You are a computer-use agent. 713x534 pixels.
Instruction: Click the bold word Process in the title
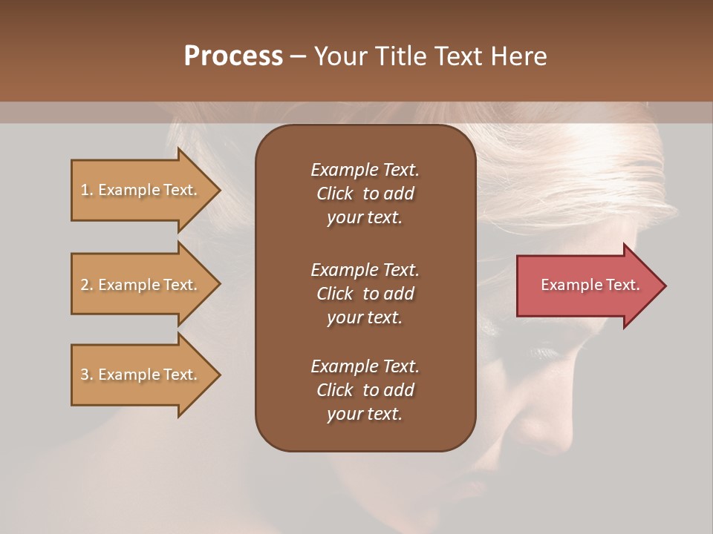click(x=233, y=56)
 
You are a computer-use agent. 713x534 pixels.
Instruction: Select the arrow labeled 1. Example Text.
click(x=141, y=190)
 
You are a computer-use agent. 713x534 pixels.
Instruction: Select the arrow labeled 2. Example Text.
click(x=141, y=285)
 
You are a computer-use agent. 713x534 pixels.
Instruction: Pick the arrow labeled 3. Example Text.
click(x=141, y=375)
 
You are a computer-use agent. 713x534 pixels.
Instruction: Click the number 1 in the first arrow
click(x=85, y=190)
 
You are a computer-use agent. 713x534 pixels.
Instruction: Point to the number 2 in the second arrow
click(x=85, y=285)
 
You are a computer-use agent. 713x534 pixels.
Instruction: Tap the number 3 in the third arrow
click(x=85, y=375)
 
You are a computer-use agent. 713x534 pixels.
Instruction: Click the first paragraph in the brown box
click(x=365, y=194)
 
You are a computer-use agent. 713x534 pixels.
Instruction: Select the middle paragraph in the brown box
click(x=365, y=293)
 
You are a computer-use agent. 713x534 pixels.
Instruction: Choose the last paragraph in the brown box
click(x=365, y=390)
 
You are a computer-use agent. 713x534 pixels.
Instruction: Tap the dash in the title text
click(x=298, y=57)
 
